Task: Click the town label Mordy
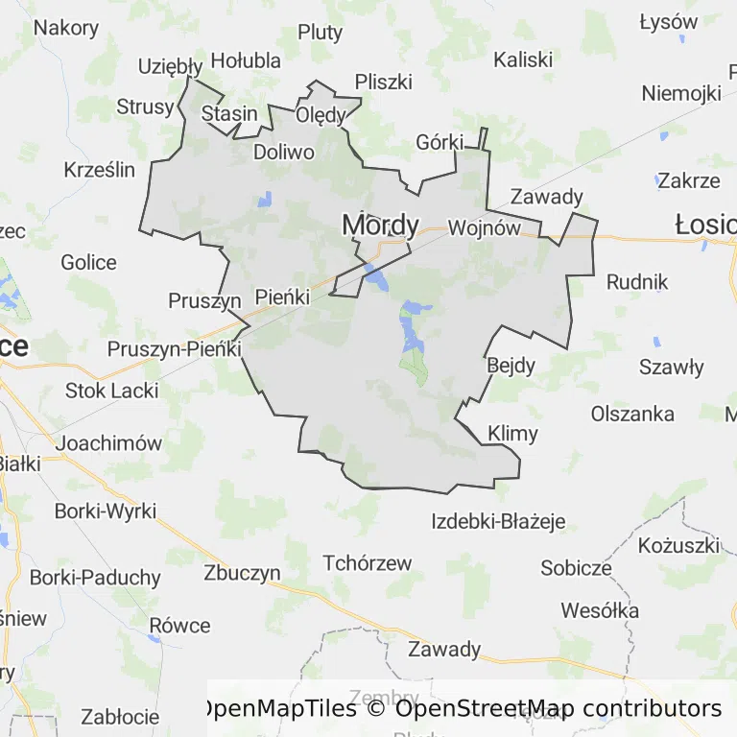pos(381,225)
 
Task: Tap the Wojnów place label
pos(484,228)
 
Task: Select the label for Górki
pos(440,142)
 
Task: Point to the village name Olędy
pos(321,115)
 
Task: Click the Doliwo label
pos(284,152)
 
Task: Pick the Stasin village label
pos(229,113)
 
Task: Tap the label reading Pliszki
pos(383,81)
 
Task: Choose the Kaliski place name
pos(523,59)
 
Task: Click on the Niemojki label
pos(680,93)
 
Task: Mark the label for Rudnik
pos(637,282)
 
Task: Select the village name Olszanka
pos(632,415)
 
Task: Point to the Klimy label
pos(512,433)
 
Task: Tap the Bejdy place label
pos(511,365)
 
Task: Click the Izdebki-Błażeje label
pos(498,522)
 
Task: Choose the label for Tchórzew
pos(368,563)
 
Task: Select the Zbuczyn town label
pos(242,573)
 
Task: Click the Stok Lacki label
pos(112,391)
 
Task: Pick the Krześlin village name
pos(100,170)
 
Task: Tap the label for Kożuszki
pos(678,545)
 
